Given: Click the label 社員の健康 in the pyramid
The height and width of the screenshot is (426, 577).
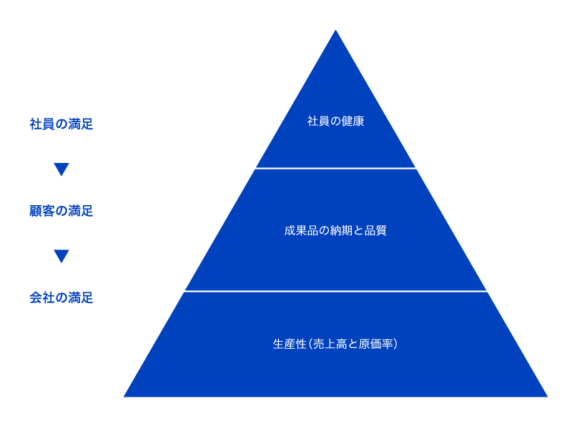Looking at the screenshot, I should pos(335,122).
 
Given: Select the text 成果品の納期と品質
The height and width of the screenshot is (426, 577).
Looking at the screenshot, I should pos(335,231).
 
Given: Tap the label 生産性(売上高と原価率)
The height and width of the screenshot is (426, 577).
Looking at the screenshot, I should pos(335,344).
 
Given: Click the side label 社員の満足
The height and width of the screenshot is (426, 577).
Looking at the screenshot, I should pos(61,124).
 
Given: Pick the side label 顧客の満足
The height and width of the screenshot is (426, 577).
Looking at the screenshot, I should pos(61,211).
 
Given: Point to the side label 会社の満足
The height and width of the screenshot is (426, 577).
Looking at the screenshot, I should pos(61,298).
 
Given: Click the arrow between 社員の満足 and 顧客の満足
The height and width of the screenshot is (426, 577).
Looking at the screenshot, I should pos(61,169).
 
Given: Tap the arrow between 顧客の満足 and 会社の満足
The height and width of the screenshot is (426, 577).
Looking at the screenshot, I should pos(61,256).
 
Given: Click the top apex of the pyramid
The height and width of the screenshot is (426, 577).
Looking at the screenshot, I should pos(335,32).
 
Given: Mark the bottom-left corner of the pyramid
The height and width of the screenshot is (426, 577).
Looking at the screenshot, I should pos(127,395).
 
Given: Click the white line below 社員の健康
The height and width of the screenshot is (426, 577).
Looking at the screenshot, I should pos(335,169).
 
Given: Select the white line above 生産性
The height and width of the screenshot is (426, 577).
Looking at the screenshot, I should pos(335,292).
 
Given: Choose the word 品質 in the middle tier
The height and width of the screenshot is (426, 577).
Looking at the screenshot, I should pos(375,231).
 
